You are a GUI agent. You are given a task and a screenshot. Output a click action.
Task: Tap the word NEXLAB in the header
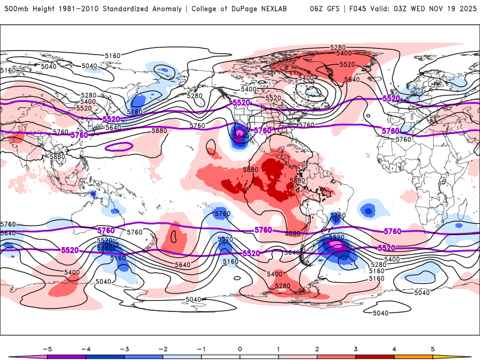285,9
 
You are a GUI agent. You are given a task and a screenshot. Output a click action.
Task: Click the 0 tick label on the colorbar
239,348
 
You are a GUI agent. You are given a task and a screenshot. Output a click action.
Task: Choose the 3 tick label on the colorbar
355,348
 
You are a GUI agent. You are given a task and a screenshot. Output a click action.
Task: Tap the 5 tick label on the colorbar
433,348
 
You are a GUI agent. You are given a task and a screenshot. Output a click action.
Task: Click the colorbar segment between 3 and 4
374,356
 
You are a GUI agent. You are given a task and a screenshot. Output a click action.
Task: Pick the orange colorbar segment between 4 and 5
413,356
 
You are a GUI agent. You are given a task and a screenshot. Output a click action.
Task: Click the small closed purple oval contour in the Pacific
118,146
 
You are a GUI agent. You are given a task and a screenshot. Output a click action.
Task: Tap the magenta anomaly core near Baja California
239,132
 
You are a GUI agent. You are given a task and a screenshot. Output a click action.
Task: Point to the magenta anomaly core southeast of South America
336,245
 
